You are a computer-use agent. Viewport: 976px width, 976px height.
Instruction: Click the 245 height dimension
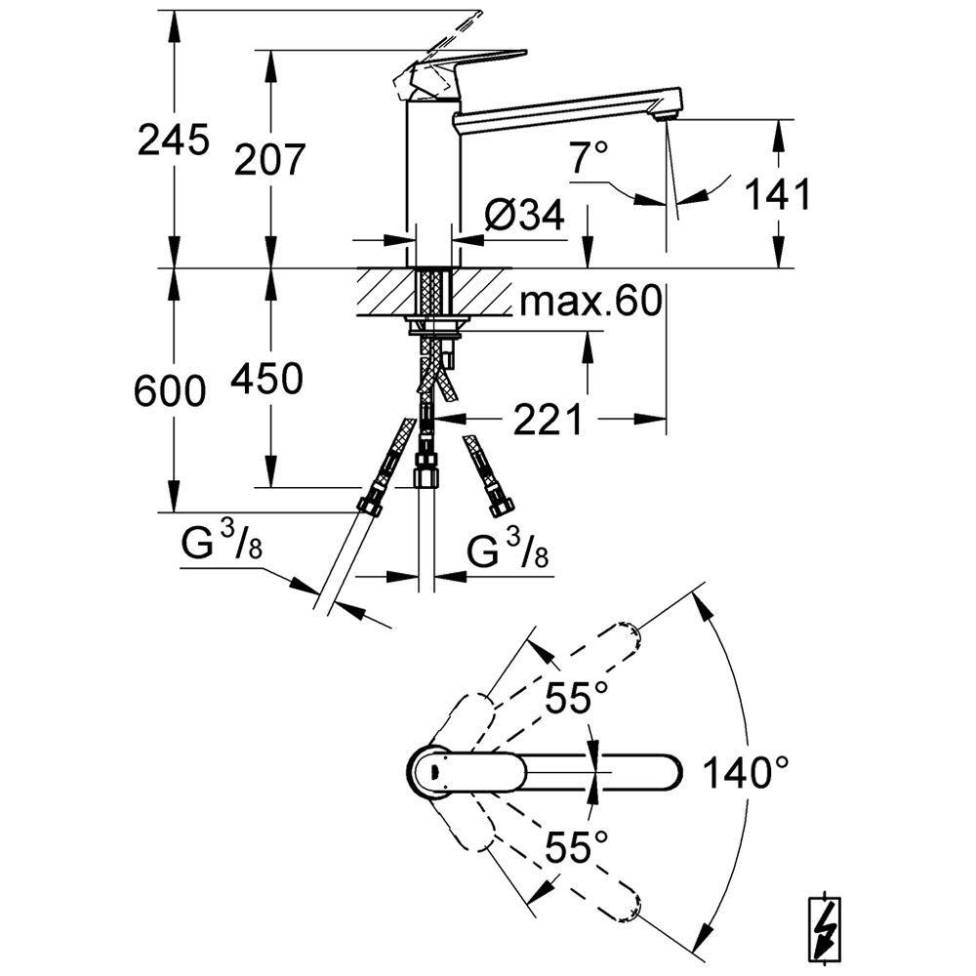click(174, 141)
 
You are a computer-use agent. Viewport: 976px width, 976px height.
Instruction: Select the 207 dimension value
click(270, 158)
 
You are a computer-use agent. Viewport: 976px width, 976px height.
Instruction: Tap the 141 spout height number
click(778, 195)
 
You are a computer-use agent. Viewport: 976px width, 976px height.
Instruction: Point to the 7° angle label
click(590, 157)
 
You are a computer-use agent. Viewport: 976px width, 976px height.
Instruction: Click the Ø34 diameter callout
click(525, 216)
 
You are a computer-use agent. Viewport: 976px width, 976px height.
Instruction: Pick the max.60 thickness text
click(590, 303)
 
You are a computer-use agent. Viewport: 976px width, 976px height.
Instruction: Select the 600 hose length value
click(172, 391)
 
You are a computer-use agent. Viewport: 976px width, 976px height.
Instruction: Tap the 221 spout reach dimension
click(547, 420)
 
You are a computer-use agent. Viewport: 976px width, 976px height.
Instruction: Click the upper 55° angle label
click(576, 699)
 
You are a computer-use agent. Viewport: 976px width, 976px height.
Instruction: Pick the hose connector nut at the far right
click(502, 507)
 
